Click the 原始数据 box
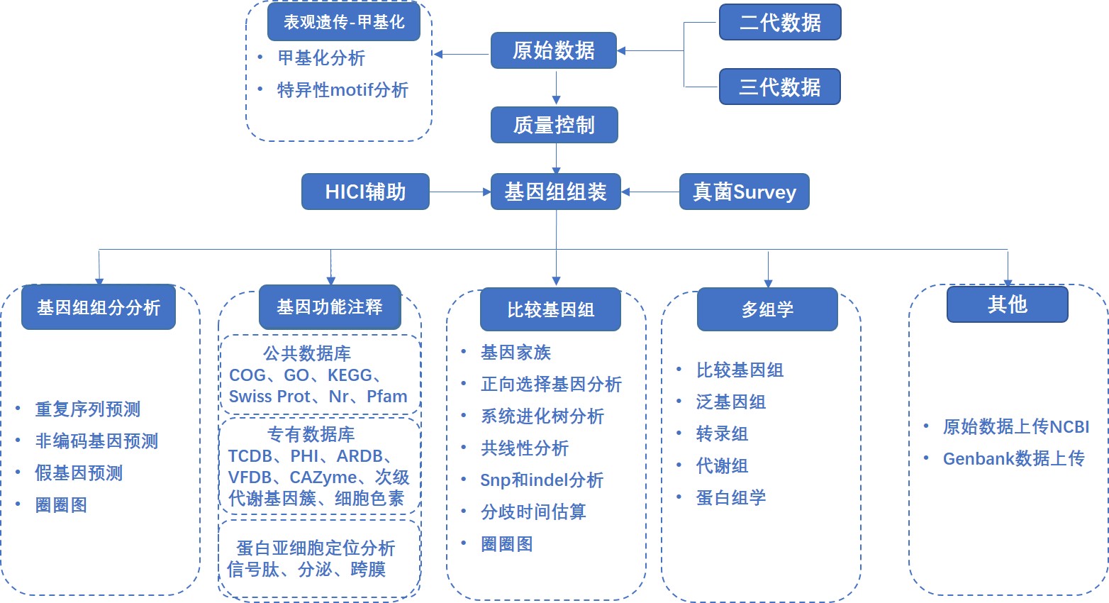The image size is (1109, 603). [553, 50]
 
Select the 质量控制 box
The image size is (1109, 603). [554, 125]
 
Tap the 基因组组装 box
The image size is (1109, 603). [555, 192]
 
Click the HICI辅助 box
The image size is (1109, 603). [365, 192]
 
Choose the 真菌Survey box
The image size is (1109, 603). [744, 192]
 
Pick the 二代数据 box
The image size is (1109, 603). [780, 22]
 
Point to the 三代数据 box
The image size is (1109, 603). [779, 87]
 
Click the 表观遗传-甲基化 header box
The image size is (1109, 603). [344, 22]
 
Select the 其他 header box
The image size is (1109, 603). [1007, 304]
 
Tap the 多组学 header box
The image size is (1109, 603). [767, 309]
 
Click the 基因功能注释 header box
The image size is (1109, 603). [330, 307]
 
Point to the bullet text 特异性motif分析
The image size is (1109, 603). [342, 90]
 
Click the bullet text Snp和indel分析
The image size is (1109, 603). [542, 480]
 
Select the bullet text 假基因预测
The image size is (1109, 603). [79, 473]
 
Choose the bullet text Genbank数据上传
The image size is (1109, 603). [1013, 459]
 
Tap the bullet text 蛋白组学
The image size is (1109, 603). [730, 498]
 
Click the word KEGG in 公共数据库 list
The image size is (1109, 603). [350, 375]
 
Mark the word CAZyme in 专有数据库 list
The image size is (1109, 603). [323, 477]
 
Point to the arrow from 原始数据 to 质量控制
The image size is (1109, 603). [556, 88]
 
